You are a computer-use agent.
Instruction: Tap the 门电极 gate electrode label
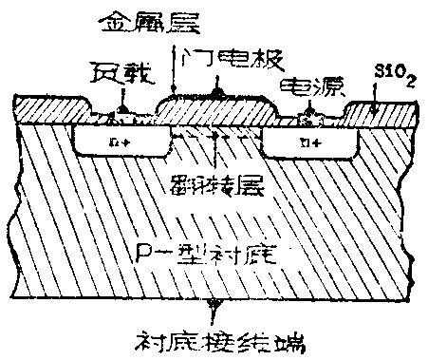(x=232, y=60)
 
